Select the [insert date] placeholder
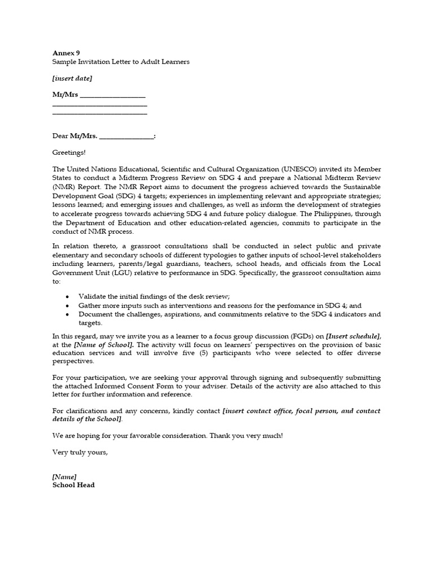(72, 78)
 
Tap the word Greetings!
(70, 152)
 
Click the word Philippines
(350, 214)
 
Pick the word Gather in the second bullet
(90, 305)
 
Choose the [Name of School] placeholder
(103, 344)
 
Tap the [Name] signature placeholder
(64, 477)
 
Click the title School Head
(73, 485)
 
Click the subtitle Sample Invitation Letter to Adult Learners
(121, 62)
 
